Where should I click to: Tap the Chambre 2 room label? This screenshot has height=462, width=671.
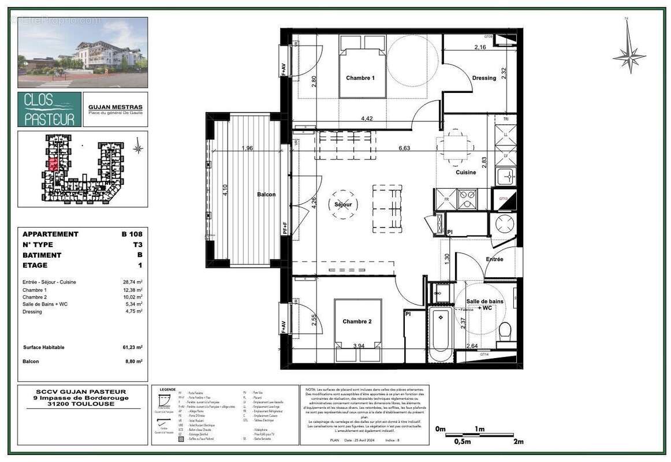357,322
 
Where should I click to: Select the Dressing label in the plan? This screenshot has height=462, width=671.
484,78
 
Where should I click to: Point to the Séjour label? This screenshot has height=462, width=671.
343,204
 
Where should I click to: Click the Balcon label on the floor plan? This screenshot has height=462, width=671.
266,195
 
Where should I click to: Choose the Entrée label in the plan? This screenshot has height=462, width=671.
494,259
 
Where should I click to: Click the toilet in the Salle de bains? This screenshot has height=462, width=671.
504,333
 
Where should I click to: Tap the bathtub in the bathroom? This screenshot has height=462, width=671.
441,333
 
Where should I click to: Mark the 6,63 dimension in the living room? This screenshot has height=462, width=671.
404,148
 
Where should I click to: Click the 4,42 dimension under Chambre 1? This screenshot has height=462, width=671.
366,118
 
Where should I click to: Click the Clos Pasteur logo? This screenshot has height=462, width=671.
50,110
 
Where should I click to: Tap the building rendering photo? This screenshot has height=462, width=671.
83,52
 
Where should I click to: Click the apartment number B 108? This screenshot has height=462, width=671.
131,234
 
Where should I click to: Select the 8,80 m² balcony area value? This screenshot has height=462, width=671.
133,361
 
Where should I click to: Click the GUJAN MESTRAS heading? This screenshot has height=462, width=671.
115,107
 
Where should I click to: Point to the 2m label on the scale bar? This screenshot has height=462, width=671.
518,442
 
